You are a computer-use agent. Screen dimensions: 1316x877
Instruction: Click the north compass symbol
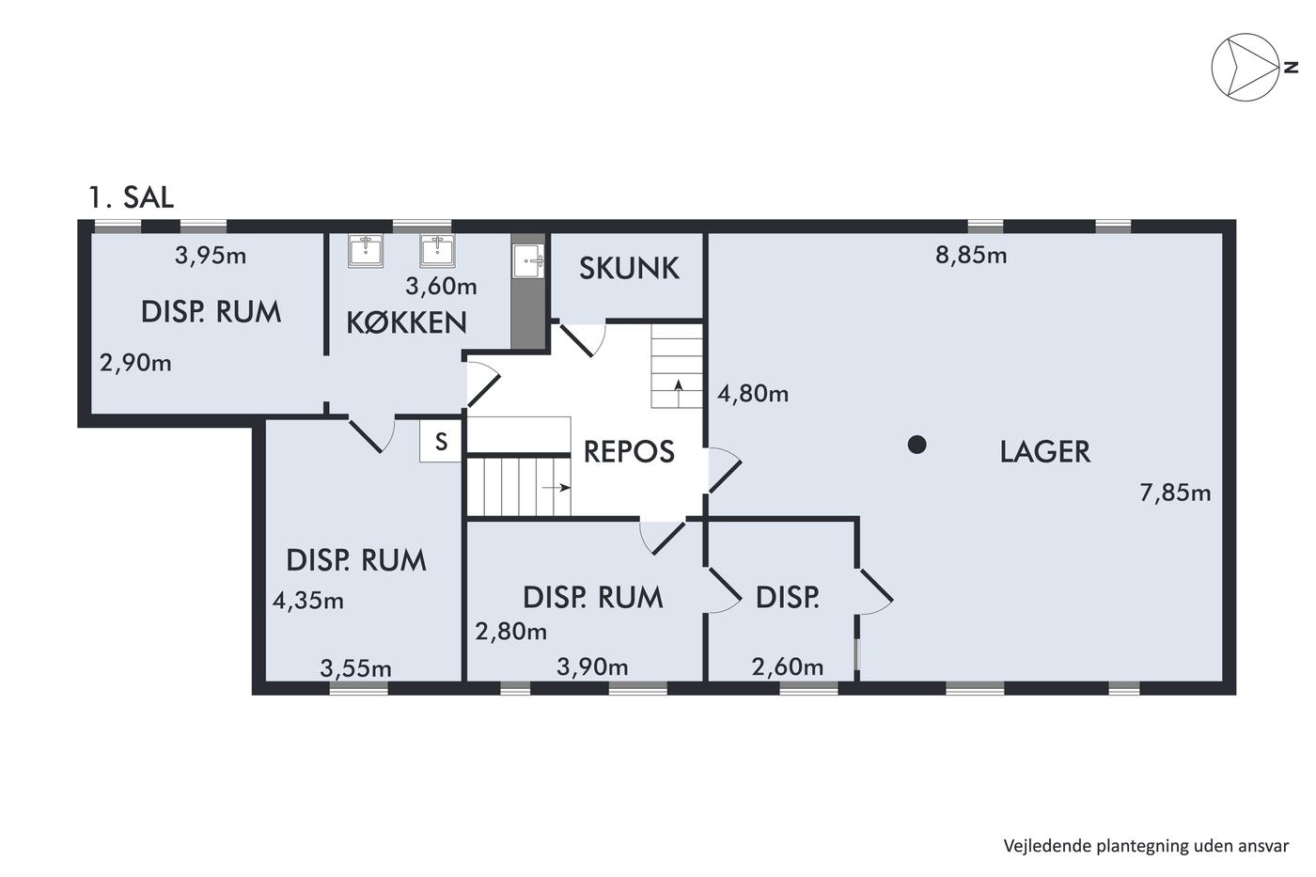pos(1245,67)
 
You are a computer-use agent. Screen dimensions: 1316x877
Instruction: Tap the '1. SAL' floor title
pos(131,197)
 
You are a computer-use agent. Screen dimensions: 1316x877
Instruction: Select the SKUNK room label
pos(629,269)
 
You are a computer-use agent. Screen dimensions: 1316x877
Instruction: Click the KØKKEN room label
pos(406,322)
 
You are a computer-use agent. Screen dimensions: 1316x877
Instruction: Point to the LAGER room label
pos(1044,452)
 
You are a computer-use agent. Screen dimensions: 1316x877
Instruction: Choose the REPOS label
pos(629,452)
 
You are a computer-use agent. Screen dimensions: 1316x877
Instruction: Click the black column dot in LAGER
pos(916,445)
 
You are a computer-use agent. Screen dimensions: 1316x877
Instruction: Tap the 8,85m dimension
pos(970,256)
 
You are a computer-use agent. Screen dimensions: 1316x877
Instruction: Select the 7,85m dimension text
pos(1175,493)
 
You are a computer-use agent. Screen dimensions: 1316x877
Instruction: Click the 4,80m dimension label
pos(753,394)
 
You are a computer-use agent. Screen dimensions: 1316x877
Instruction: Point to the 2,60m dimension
pos(788,666)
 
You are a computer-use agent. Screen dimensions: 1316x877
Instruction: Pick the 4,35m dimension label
pos(308,601)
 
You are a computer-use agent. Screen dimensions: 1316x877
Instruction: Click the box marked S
pos(441,441)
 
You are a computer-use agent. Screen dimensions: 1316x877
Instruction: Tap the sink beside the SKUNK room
pos(527,260)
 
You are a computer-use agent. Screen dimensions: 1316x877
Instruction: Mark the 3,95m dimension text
pos(211,256)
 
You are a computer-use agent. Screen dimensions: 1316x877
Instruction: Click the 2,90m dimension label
pos(135,363)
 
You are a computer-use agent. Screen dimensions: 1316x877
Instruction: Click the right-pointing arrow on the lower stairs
pos(556,487)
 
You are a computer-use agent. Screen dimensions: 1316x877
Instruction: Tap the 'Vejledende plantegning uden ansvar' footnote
pos(1146,846)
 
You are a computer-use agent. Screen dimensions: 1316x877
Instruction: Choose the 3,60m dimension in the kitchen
pos(441,287)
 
